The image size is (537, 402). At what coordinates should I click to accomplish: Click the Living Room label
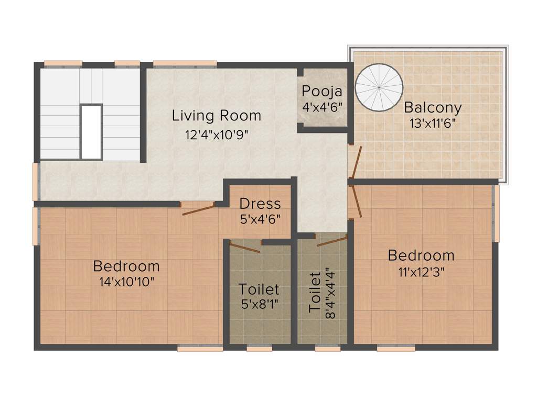(216, 115)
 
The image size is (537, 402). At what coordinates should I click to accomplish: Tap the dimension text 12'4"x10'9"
(216, 134)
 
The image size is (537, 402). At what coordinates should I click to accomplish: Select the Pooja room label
(322, 91)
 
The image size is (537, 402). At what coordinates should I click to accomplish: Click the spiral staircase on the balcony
(380, 87)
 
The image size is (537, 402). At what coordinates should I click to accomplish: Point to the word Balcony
(433, 108)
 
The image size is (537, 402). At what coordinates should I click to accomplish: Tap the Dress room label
(260, 203)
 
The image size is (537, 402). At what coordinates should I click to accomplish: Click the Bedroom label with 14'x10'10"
(126, 266)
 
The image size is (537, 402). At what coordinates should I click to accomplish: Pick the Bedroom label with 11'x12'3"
(421, 255)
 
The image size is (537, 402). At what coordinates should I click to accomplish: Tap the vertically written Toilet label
(315, 292)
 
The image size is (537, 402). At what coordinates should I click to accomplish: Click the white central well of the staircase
(91, 131)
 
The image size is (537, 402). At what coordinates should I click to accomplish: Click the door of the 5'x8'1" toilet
(245, 247)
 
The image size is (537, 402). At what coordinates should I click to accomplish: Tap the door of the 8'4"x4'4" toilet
(332, 241)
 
